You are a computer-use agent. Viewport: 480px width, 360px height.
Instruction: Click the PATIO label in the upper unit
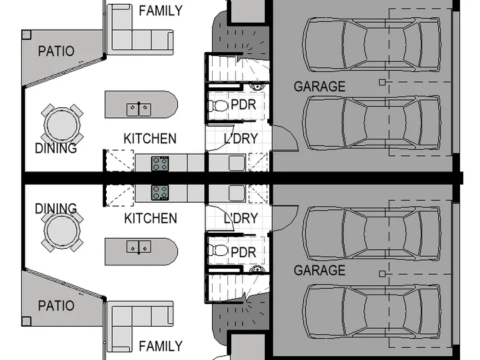pyautogui.click(x=56, y=51)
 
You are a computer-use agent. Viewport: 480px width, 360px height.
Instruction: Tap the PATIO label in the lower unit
pyautogui.click(x=56, y=306)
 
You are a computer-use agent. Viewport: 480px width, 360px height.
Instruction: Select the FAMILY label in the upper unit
pyautogui.click(x=161, y=11)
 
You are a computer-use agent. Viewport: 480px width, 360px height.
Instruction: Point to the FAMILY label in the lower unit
pyautogui.click(x=161, y=346)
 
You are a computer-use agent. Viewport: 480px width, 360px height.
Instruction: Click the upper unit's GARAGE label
pyautogui.click(x=319, y=87)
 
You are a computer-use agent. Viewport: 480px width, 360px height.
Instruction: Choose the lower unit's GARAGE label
pyautogui.click(x=319, y=270)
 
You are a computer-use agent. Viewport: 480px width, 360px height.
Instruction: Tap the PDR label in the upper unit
pyautogui.click(x=243, y=105)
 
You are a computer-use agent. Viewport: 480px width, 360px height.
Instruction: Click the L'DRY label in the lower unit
pyautogui.click(x=241, y=218)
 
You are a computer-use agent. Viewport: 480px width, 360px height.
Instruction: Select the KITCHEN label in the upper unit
pyautogui.click(x=150, y=139)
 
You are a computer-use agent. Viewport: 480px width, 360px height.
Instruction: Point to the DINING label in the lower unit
pyautogui.click(x=56, y=209)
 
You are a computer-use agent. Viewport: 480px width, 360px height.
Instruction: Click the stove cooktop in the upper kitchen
pyautogui.click(x=160, y=163)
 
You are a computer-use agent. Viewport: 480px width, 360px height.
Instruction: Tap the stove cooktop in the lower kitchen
pyautogui.click(x=160, y=193)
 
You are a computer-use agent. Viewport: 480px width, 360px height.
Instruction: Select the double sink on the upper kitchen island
pyautogui.click(x=139, y=109)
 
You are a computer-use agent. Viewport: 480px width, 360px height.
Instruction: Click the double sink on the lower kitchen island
pyautogui.click(x=139, y=247)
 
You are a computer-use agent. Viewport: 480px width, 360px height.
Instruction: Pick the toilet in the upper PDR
pyautogui.click(x=218, y=106)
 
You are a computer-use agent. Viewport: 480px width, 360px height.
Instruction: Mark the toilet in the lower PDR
pyautogui.click(x=218, y=251)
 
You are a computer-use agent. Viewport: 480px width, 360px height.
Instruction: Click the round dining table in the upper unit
pyautogui.click(x=62, y=125)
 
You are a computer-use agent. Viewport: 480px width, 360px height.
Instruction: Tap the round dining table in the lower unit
pyautogui.click(x=62, y=231)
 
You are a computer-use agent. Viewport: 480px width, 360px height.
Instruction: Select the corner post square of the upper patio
pyautogui.click(x=27, y=35)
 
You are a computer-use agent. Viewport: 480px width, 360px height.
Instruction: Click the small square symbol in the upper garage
pyautogui.click(x=382, y=82)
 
